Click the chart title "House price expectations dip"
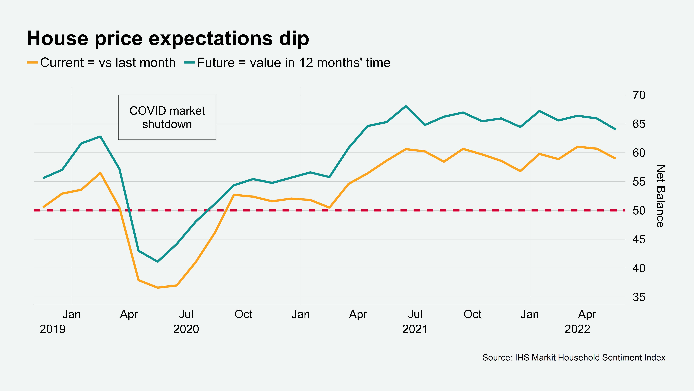(x=168, y=39)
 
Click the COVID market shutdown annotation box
(x=167, y=117)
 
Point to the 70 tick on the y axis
(x=639, y=95)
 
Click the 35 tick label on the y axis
(x=639, y=297)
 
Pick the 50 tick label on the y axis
(x=639, y=211)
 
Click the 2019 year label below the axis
(x=53, y=329)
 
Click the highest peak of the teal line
(x=406, y=106)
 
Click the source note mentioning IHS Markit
(x=574, y=358)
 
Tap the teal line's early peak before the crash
(x=100, y=137)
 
